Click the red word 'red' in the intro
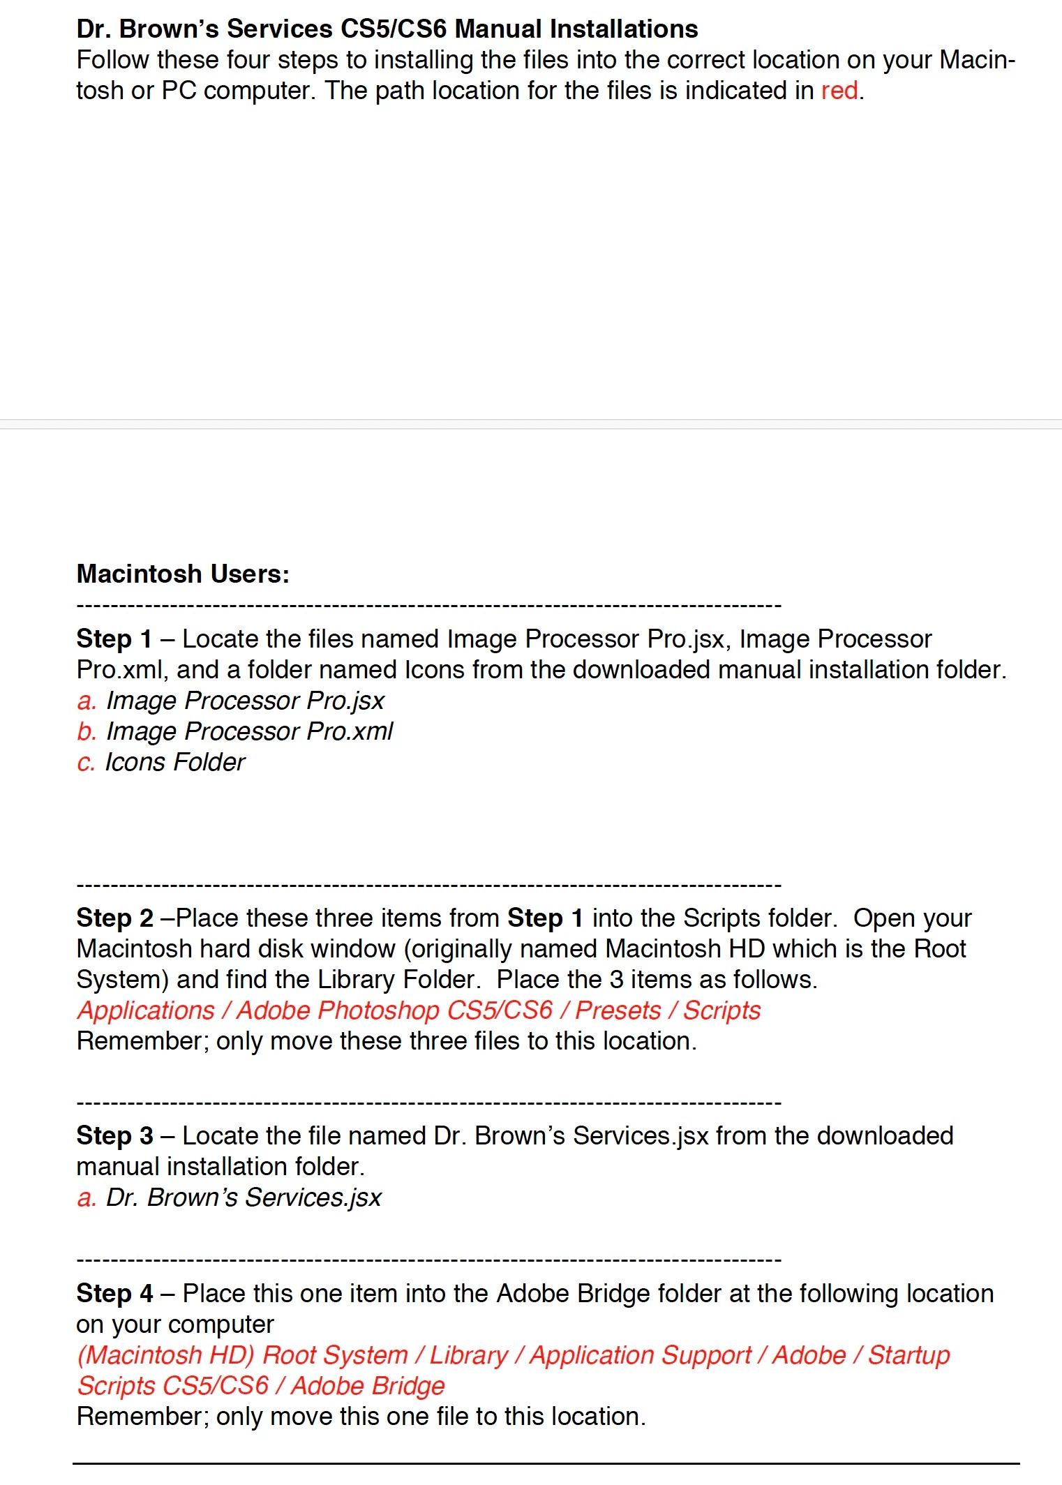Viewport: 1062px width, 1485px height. coord(839,91)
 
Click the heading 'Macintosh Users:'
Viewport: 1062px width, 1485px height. coord(183,574)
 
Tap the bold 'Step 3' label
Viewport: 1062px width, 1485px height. coord(114,1135)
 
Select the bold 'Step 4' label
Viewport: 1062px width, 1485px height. coord(114,1293)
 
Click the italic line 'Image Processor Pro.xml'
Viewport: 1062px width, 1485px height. coord(249,731)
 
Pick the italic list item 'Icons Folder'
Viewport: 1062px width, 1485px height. coord(175,762)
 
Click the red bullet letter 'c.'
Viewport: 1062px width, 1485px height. coord(86,762)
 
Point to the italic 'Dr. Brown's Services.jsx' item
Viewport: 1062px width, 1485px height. coord(244,1197)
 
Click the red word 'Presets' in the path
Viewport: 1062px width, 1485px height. coord(618,1010)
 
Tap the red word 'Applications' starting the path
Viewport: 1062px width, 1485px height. coord(146,1010)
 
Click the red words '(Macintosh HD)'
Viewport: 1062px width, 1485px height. coord(165,1355)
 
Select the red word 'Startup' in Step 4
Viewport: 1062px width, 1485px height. coord(908,1355)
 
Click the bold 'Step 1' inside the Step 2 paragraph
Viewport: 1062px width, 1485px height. coord(545,918)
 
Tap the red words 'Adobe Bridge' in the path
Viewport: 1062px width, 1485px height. coord(368,1386)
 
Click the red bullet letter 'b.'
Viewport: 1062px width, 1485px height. coord(87,731)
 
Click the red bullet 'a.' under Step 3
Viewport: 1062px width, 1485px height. coord(87,1197)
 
